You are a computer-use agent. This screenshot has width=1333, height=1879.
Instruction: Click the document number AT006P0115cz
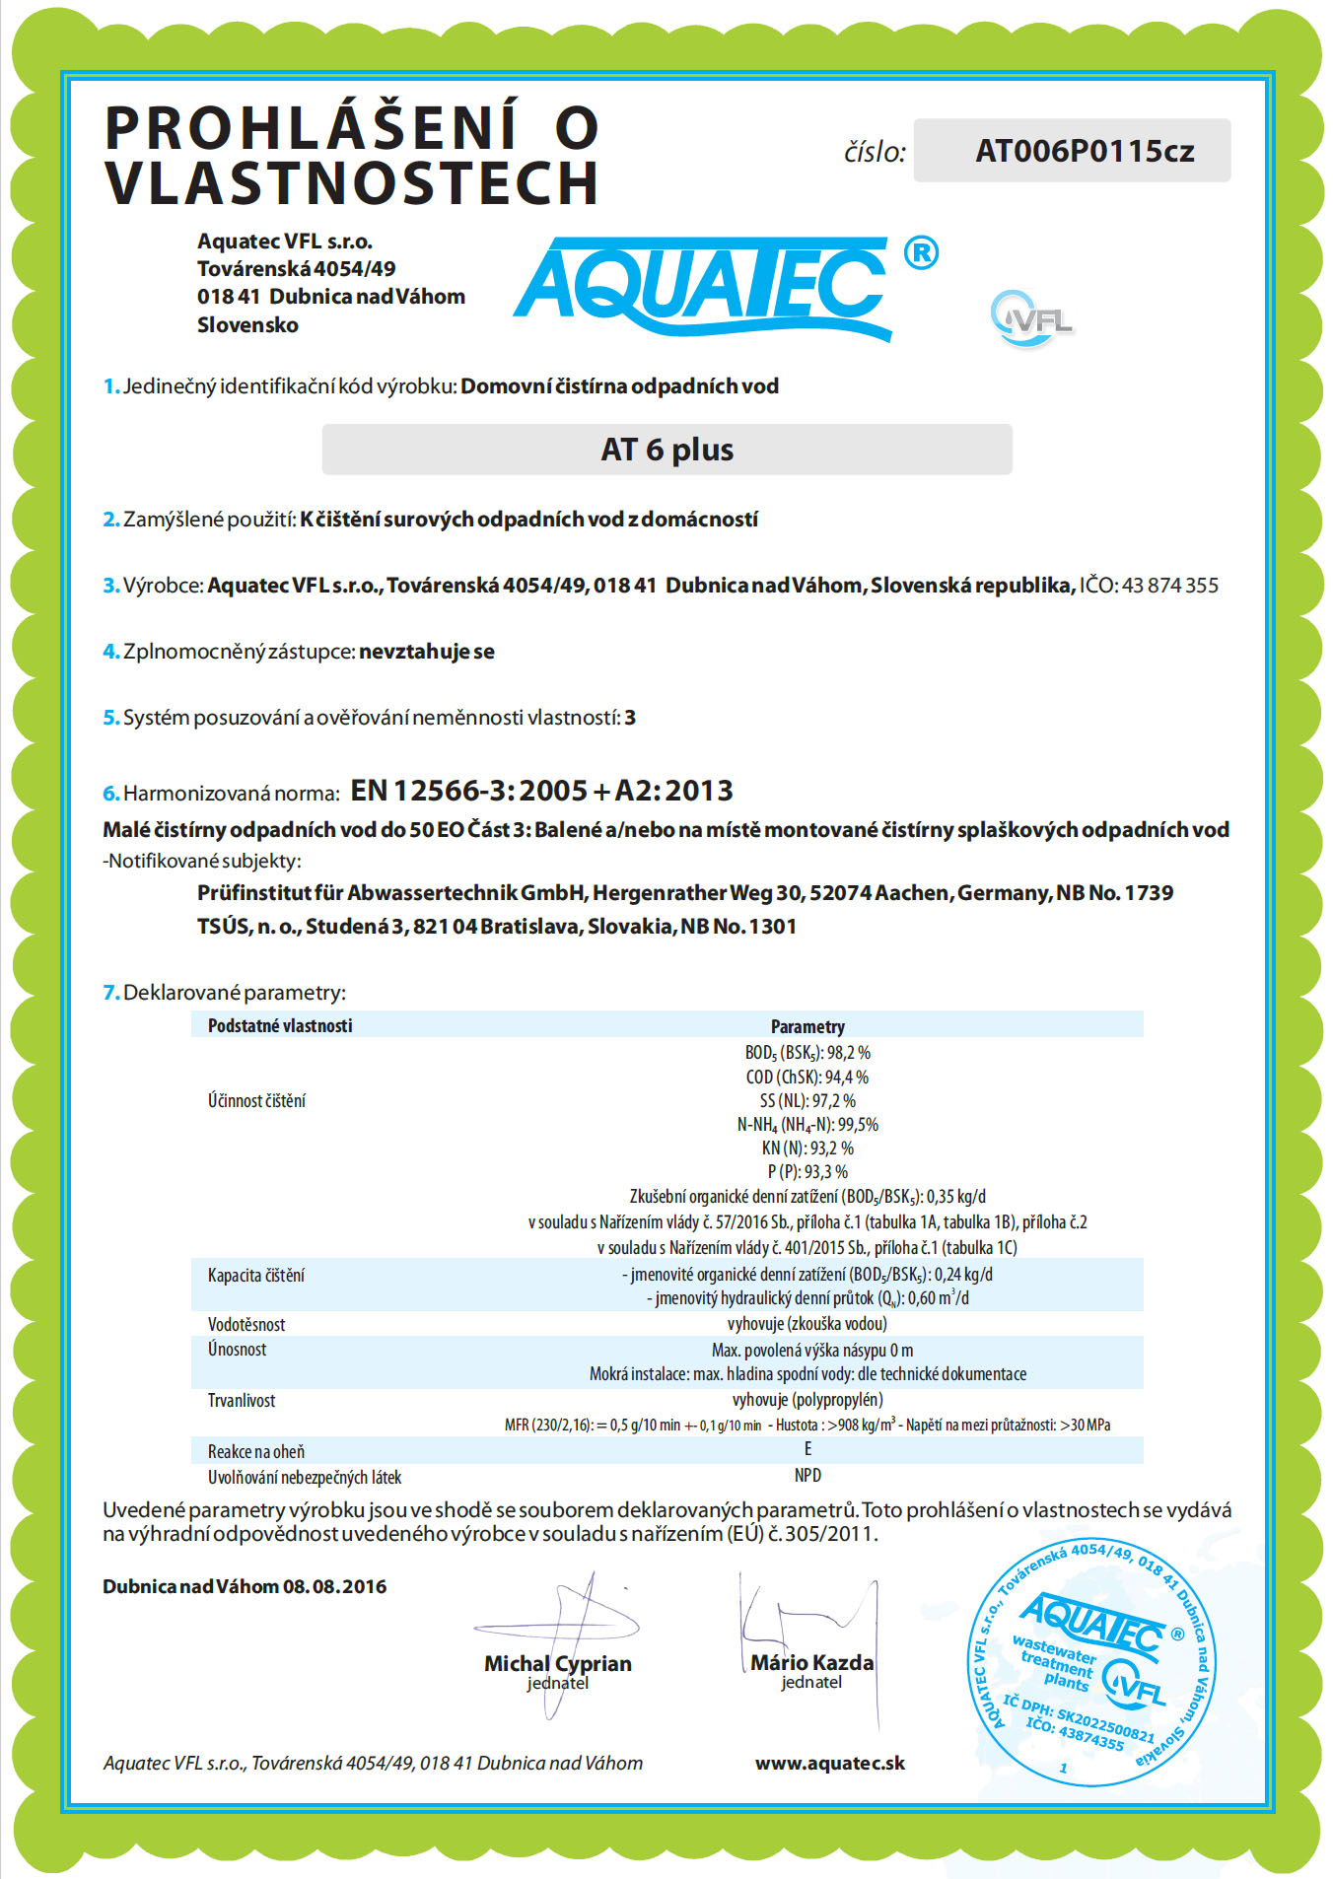[x=1085, y=151]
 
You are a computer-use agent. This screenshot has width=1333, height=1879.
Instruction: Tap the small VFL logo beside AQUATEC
[x=1031, y=318]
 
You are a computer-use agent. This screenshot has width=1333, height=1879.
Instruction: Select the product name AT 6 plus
[x=667, y=450]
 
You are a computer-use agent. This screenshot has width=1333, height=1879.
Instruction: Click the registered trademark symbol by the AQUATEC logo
[x=921, y=253]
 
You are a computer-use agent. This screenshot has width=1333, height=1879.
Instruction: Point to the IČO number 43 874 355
[x=1169, y=586]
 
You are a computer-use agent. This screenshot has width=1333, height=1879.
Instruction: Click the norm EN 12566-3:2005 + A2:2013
[x=541, y=791]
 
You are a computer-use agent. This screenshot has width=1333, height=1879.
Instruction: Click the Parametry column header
[x=807, y=1026]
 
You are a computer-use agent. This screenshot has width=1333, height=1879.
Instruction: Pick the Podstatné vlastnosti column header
[x=280, y=1026]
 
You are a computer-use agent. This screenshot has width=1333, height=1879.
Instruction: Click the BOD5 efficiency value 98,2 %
[x=849, y=1053]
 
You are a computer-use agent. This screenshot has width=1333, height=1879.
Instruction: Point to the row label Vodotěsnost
[x=246, y=1324]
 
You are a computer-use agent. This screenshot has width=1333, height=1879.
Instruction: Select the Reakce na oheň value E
[x=807, y=1448]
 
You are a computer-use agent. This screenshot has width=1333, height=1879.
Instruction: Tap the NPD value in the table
[x=807, y=1475]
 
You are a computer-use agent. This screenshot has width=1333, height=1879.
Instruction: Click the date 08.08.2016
[x=335, y=1586]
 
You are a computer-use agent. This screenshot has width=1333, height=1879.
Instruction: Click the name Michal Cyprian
[x=557, y=1663]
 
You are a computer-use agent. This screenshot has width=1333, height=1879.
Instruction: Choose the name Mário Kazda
[x=811, y=1662]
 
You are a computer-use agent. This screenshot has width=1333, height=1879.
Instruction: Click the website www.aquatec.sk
[x=830, y=1763]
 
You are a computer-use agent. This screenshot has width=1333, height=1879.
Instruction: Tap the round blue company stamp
[x=1090, y=1663]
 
